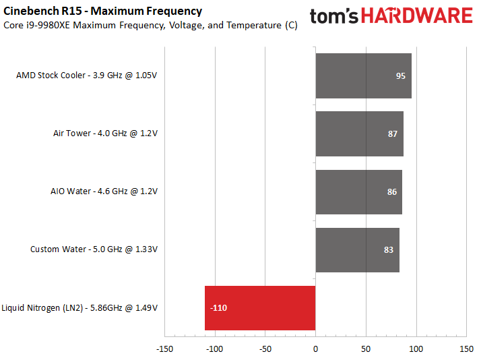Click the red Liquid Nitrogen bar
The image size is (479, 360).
click(x=259, y=307)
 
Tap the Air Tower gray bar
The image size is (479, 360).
click(x=359, y=133)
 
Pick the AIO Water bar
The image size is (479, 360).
click(x=358, y=191)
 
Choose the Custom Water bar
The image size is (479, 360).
click(x=357, y=249)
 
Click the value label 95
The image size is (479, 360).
click(x=400, y=76)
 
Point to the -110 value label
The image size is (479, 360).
click(x=218, y=308)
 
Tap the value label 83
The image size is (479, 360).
click(x=388, y=250)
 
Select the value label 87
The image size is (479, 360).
click(x=393, y=134)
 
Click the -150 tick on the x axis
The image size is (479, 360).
click(x=164, y=349)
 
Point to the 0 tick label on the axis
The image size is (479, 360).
click(x=315, y=349)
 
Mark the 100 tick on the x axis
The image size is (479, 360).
click(x=416, y=349)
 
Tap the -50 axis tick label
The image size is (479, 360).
click(x=265, y=349)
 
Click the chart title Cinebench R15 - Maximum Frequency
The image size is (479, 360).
click(x=102, y=11)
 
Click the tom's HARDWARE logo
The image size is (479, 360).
click(x=392, y=16)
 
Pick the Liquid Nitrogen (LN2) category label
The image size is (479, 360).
click(x=79, y=308)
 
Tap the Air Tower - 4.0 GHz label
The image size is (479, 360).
click(x=105, y=133)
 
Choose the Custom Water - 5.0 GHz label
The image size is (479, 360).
click(x=94, y=249)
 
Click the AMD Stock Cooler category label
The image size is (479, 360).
click(x=86, y=76)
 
